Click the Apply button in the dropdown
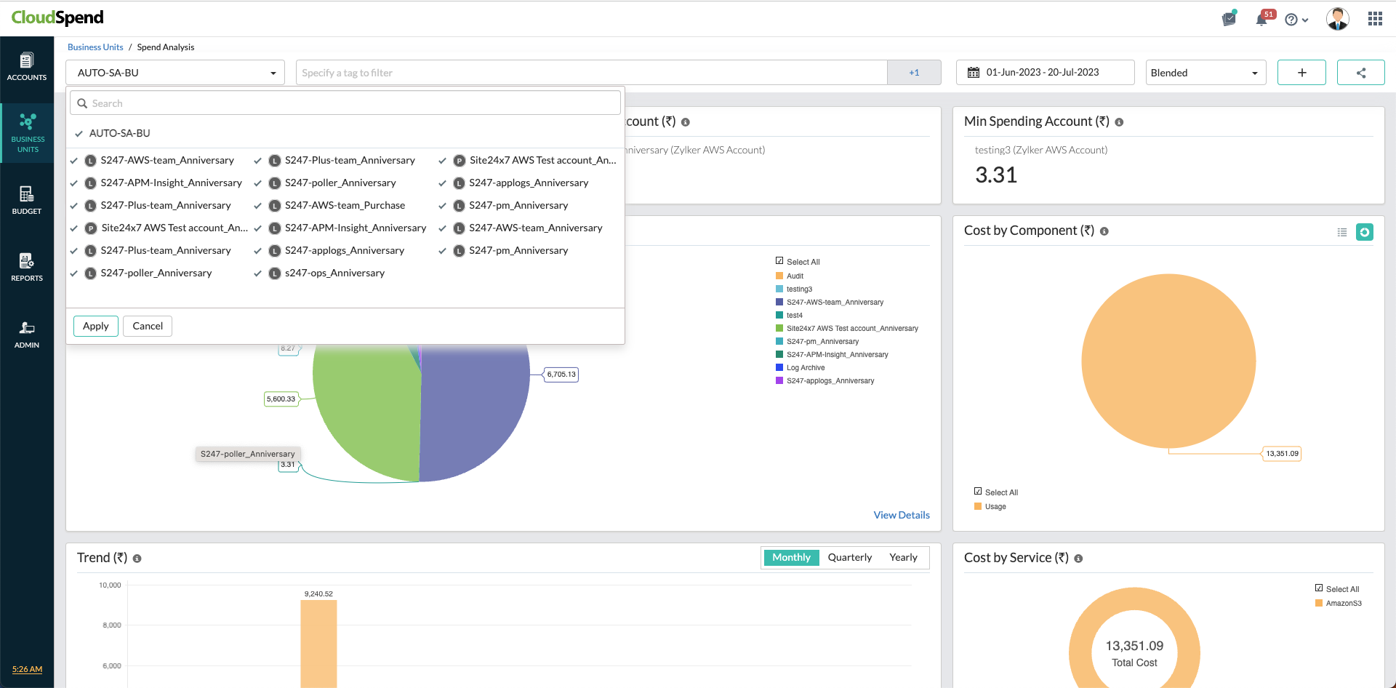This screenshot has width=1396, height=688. pos(95,326)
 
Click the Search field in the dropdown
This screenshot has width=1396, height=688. pos(345,103)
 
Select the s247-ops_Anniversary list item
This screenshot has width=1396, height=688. pos(334,273)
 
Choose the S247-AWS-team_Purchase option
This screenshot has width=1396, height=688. pos(345,206)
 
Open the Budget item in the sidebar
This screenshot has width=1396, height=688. pos(27,200)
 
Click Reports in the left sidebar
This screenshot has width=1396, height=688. pos(27,267)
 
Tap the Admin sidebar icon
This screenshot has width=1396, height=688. pos(27,334)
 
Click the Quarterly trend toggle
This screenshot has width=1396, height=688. pos(849,557)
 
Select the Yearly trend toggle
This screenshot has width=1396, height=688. pos(903,557)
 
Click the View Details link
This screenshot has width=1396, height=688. pos(902,515)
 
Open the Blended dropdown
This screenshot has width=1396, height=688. pos(1205,73)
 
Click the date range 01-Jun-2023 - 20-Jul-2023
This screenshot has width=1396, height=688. pos(1044,73)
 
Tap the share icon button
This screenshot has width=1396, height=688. pos(1360,73)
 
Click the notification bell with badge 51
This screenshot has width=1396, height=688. pos(1262,19)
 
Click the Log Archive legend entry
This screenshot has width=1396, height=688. pos(805,368)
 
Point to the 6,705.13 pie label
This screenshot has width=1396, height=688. pos(561,375)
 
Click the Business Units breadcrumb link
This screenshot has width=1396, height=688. pos(95,47)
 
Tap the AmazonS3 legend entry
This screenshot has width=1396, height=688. pos(1343,604)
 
